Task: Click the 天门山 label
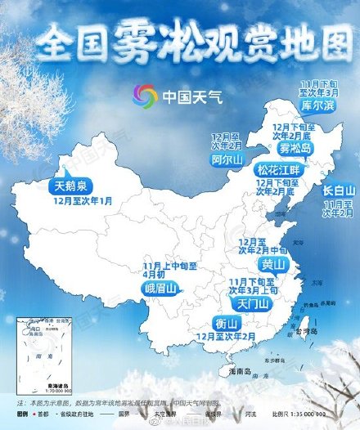tap(253, 302)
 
